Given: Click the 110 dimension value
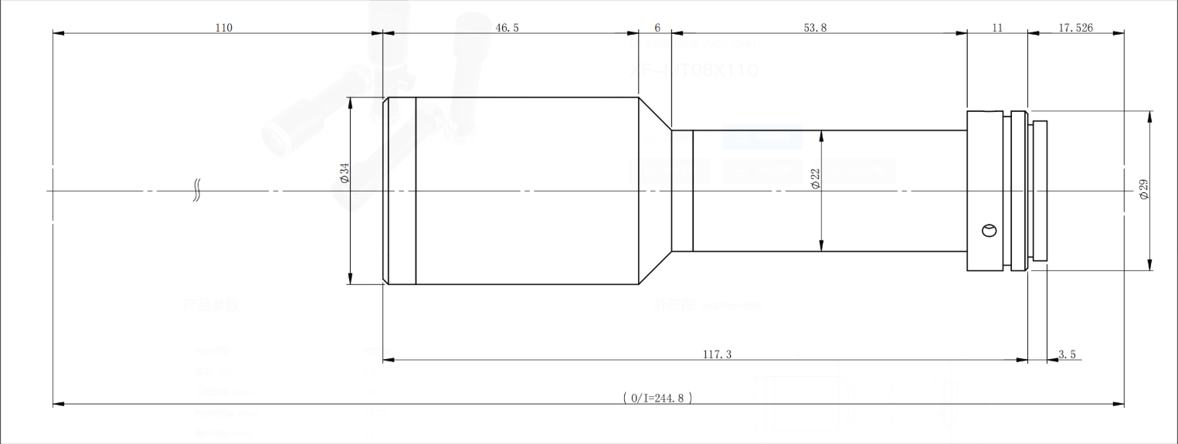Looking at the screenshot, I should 223,28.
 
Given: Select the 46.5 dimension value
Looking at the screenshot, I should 507,28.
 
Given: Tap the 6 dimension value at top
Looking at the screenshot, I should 657,28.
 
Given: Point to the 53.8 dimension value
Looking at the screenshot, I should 815,28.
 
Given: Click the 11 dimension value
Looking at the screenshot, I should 996,28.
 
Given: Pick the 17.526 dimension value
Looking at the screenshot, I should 1075,28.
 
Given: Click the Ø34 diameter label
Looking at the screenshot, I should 345,173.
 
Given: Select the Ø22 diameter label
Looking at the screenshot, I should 815,178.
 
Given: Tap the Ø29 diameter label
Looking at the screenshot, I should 1144,189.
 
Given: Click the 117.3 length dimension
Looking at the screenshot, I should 718,354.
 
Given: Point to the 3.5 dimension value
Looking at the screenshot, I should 1067,354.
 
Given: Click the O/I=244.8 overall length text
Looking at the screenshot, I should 657,398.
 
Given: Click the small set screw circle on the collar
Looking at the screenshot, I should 988,229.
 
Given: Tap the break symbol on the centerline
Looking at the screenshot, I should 197,191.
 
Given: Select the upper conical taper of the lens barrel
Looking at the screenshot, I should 654,114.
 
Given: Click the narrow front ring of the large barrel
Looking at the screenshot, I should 401,191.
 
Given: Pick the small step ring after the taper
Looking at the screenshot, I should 682,191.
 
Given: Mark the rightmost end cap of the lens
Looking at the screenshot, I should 1039,191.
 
